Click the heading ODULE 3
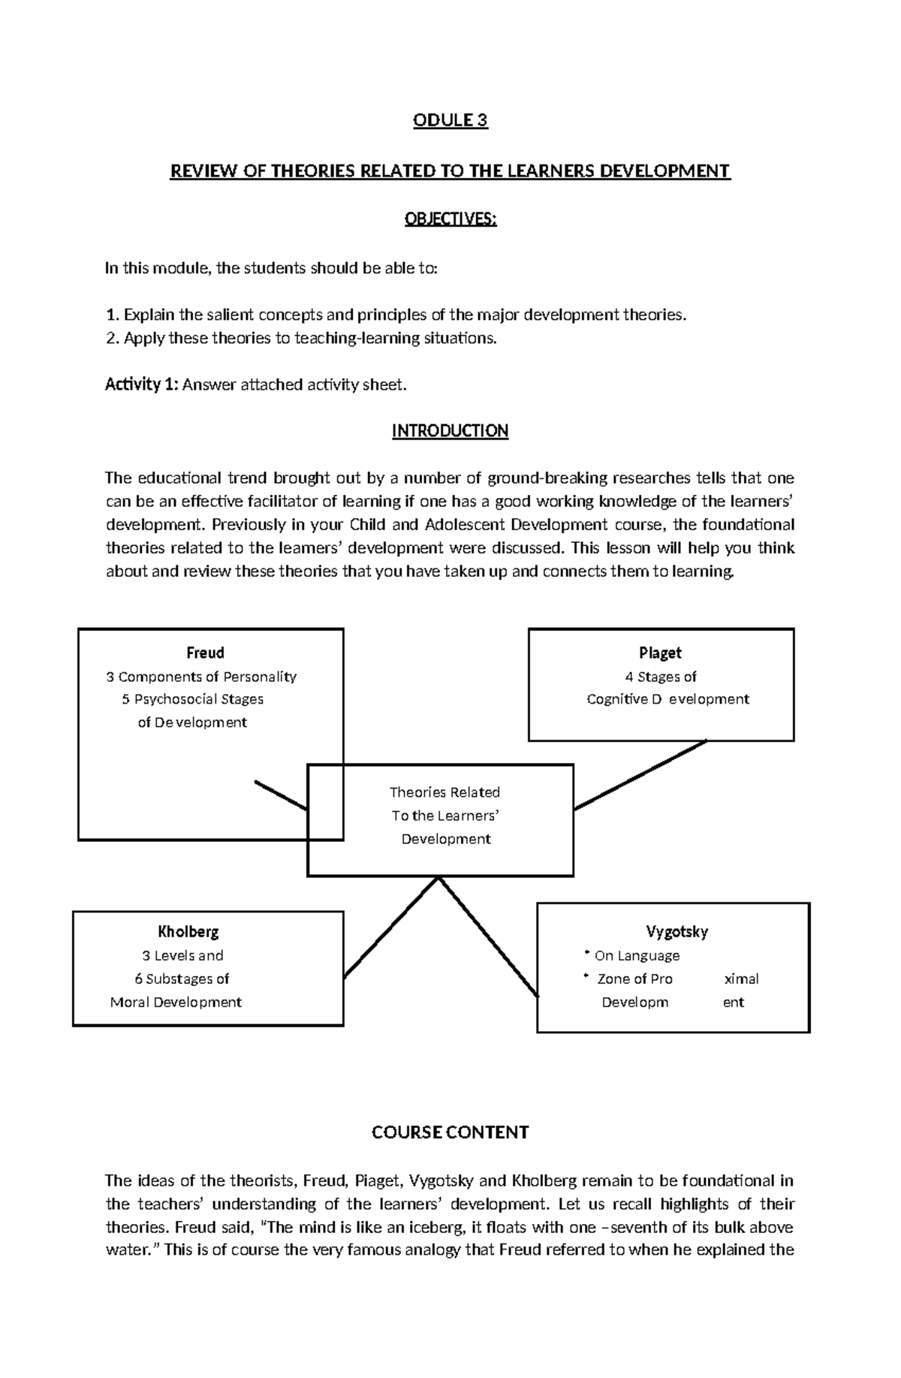[450, 121]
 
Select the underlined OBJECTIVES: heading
[450, 219]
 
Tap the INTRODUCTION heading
[450, 431]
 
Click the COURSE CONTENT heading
[450, 1132]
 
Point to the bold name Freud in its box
[205, 653]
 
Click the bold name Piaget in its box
[660, 653]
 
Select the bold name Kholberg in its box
[188, 932]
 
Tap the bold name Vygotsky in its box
[677, 932]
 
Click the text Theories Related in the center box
[444, 792]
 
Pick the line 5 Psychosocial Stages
[192, 699]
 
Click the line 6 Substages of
[182, 978]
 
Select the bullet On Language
[637, 956]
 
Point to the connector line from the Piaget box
[640, 775]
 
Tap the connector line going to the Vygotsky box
[488, 937]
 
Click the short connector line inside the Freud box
[281, 795]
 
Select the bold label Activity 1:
[141, 385]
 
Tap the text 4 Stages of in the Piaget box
[661, 677]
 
